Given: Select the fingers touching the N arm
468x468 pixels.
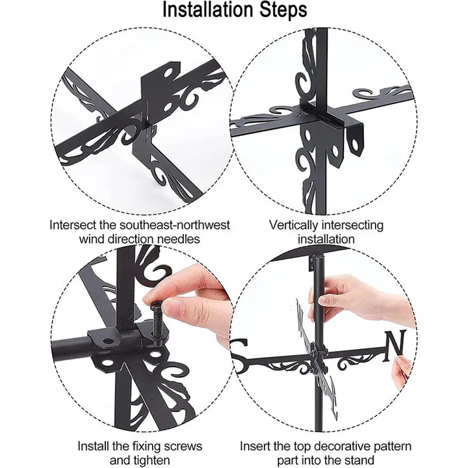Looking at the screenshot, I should tap(402, 370).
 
